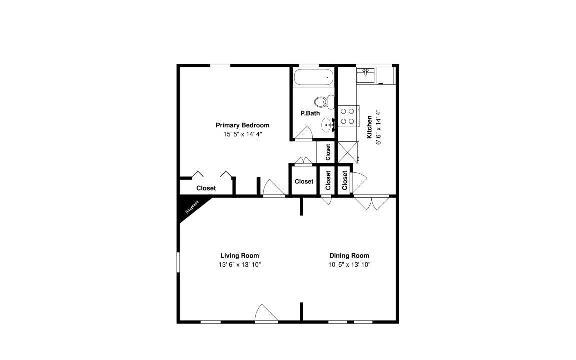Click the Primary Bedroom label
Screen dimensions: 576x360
click(242, 125)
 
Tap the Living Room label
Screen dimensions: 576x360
click(240, 255)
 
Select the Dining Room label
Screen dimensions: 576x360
click(349, 255)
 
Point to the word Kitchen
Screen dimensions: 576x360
click(369, 127)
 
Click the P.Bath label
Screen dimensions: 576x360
click(310, 113)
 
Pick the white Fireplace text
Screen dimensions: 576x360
click(192, 207)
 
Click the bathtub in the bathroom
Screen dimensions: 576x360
click(314, 77)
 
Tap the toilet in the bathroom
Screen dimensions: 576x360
click(324, 101)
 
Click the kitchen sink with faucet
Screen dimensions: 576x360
click(365, 75)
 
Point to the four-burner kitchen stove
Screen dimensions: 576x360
click(348, 116)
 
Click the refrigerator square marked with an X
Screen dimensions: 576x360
click(347, 152)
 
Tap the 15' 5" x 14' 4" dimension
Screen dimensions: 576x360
click(243, 134)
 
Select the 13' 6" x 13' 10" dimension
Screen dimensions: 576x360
click(240, 265)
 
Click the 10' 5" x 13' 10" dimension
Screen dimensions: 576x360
click(349, 265)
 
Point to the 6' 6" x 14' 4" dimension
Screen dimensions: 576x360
click(378, 127)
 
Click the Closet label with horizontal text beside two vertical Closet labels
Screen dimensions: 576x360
click(304, 181)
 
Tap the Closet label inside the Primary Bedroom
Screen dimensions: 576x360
click(206, 188)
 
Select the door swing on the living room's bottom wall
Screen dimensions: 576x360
click(266, 313)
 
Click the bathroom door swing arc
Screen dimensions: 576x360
click(304, 133)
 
